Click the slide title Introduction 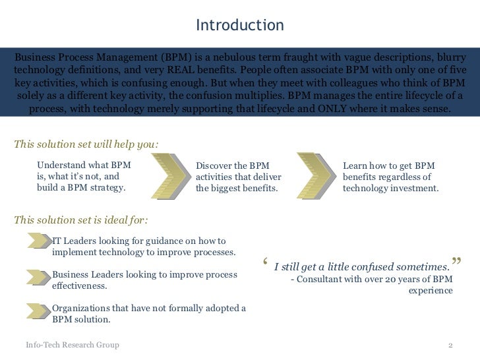[240, 26]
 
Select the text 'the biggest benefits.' [237, 188]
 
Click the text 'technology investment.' [390, 188]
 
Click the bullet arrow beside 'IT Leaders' [39, 241]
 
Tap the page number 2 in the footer [450, 345]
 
